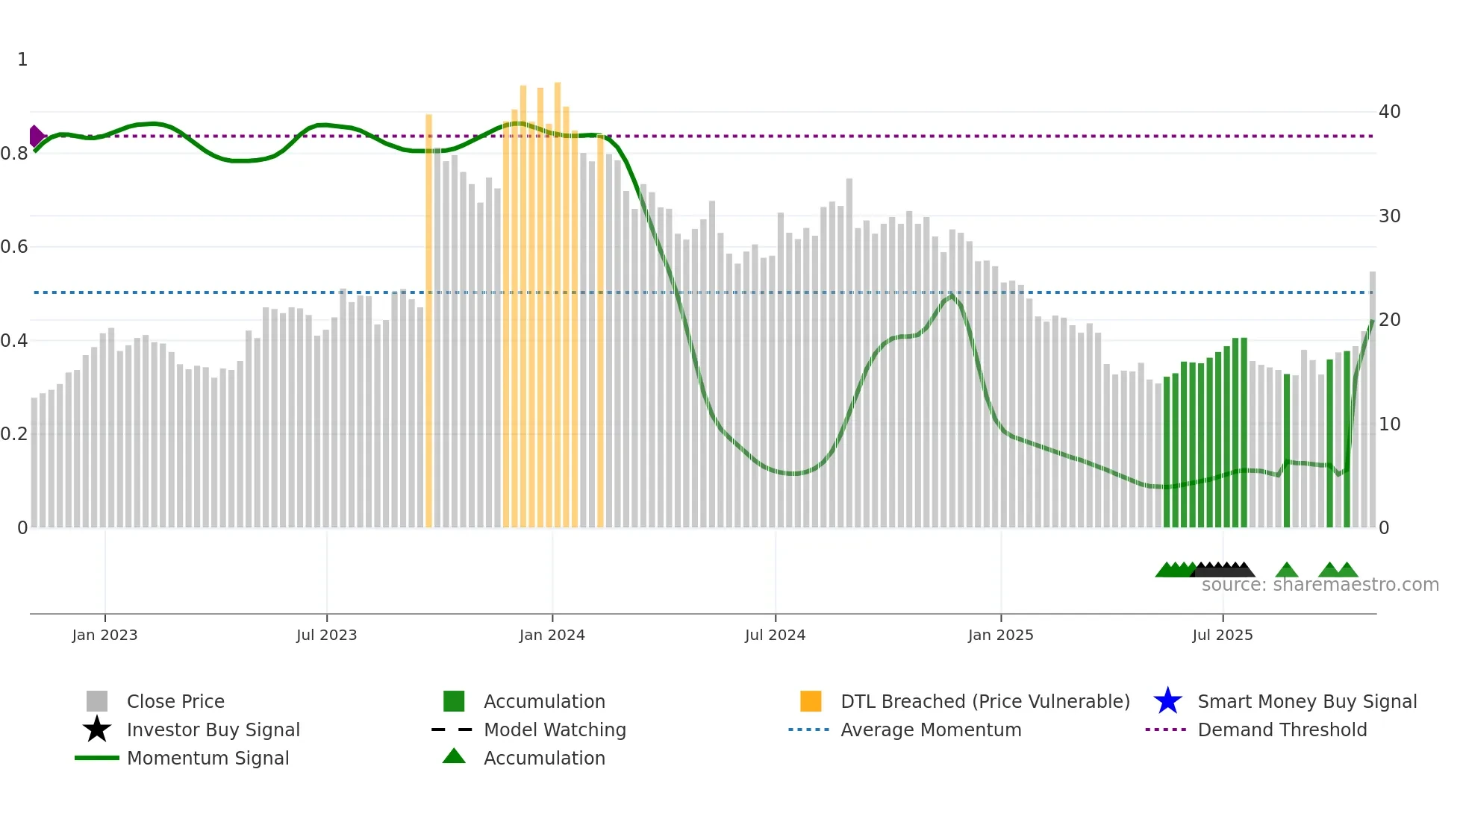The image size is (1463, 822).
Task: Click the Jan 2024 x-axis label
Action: click(552, 635)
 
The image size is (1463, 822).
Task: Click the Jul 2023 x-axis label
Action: click(326, 635)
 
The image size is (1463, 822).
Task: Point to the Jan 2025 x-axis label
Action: click(1000, 635)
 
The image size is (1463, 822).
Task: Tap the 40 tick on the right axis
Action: click(1389, 112)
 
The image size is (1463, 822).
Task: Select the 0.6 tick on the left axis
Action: click(14, 247)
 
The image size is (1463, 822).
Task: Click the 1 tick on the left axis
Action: click(22, 60)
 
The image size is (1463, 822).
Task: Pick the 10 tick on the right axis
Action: click(1389, 424)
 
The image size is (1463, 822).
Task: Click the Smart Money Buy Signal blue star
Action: click(1167, 701)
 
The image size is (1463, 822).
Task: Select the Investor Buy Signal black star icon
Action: click(97, 730)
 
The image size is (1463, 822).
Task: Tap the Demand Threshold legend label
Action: click(1282, 730)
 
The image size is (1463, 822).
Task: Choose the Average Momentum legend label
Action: click(930, 730)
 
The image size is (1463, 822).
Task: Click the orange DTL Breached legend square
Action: click(811, 701)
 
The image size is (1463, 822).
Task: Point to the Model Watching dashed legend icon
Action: click(452, 730)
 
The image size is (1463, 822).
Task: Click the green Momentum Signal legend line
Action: click(97, 758)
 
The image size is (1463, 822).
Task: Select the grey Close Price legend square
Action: click(97, 701)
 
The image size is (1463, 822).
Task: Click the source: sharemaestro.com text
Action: click(1320, 585)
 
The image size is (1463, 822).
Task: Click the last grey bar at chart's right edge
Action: click(1372, 403)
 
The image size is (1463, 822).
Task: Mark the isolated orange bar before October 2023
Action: click(428, 321)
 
